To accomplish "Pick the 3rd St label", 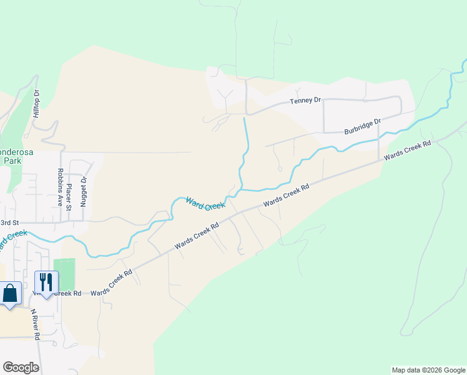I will pos(10,222).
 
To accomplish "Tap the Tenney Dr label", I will pos(305,101).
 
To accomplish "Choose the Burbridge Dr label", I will pos(362,127).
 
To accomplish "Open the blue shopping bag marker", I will pos(11,294).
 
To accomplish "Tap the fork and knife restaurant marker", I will pos(46,283).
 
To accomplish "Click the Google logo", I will pos(21,367).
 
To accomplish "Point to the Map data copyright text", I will pos(428,370).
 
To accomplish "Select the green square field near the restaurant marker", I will pos(64,273).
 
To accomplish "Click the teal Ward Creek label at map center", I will pos(205,203).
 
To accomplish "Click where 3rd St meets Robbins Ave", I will pos(61,222).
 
